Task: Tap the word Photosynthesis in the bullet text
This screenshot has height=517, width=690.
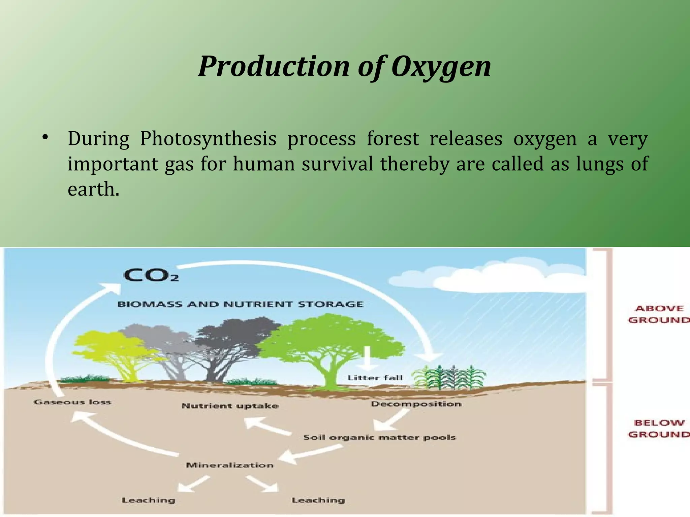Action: pos(208,139)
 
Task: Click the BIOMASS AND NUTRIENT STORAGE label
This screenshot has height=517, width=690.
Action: pos(240,304)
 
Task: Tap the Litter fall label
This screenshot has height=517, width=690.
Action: pos(375,378)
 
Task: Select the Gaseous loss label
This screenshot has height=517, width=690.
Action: pos(72,402)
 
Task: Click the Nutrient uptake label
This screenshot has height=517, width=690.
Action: pos(230,406)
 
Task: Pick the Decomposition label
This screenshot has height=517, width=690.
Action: pos(416,404)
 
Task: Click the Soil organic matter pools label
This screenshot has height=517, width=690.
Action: pos(379,438)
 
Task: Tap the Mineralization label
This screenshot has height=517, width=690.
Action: pos(229,465)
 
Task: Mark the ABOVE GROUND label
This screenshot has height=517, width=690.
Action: pos(658,314)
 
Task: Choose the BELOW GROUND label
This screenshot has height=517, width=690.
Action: pos(658,428)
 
